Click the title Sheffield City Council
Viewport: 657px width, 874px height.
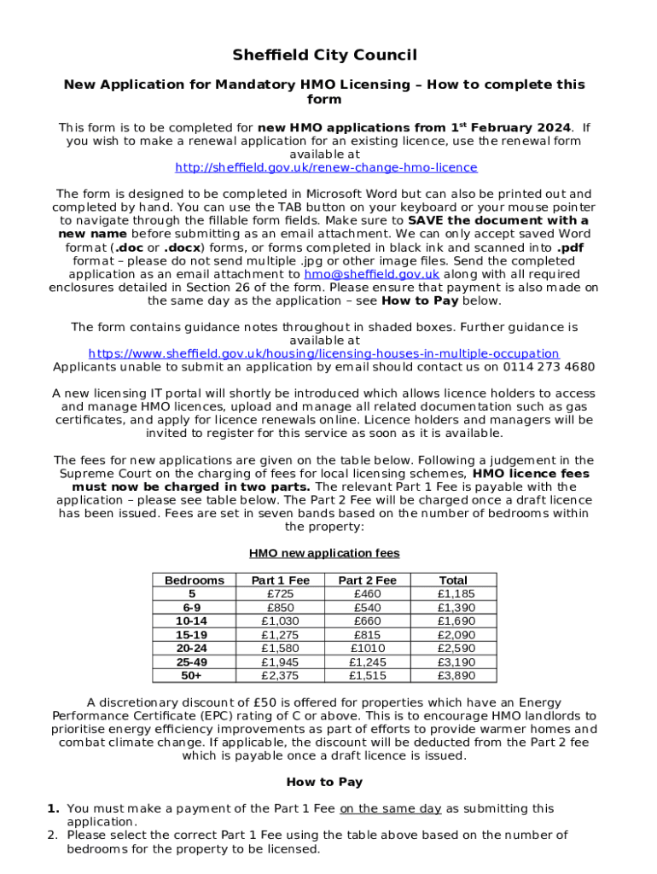[x=324, y=55]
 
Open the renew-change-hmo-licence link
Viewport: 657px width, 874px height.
[x=325, y=167]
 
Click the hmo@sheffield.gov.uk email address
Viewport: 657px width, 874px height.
[x=371, y=274]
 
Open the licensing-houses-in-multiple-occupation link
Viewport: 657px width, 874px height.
[x=324, y=353]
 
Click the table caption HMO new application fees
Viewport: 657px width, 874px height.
[x=324, y=553]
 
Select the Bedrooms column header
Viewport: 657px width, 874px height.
[x=195, y=580]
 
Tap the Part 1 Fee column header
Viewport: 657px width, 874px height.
[x=280, y=580]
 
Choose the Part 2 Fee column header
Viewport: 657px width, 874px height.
[x=368, y=580]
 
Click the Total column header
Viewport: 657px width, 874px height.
[x=453, y=580]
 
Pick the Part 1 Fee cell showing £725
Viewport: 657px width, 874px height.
[x=280, y=594]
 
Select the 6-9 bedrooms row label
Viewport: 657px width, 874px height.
[x=195, y=608]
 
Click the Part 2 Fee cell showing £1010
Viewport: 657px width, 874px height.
[x=368, y=649]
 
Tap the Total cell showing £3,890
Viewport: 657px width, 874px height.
[x=456, y=676]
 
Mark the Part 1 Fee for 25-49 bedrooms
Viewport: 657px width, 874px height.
[x=280, y=662]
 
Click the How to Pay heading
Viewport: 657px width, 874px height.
[x=324, y=782]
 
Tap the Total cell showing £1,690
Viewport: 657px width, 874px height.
[x=456, y=621]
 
